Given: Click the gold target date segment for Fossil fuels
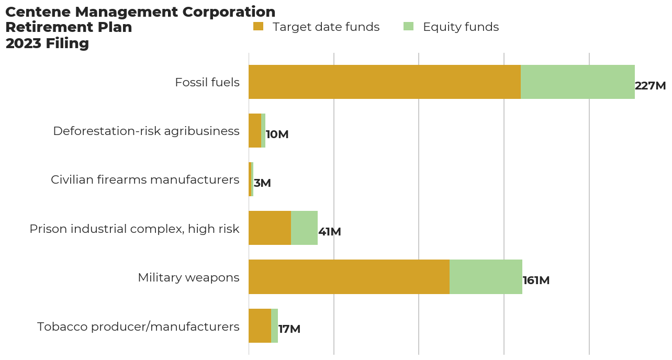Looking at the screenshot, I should (x=385, y=82).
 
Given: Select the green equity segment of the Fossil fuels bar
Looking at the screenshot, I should (x=578, y=82).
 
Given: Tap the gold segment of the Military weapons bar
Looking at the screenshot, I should (x=349, y=277).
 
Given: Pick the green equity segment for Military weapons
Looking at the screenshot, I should (x=486, y=277).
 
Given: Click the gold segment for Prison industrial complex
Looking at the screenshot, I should (x=270, y=228).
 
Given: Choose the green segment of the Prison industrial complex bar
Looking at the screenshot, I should (x=304, y=228).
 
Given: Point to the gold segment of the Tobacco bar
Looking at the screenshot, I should (x=260, y=325).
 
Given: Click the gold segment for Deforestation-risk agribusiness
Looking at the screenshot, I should (x=255, y=131).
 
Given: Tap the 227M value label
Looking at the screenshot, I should (x=650, y=86).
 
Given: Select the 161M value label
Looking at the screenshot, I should (x=536, y=280).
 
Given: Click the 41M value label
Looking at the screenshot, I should (x=330, y=232).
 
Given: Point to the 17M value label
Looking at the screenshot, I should (x=289, y=329).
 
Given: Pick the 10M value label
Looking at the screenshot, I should (x=277, y=134).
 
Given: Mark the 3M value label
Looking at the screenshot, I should (x=262, y=183).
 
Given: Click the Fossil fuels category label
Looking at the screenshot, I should (x=207, y=82).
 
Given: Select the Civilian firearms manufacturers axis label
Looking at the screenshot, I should (x=145, y=179).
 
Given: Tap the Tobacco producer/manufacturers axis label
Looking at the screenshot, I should (x=138, y=327).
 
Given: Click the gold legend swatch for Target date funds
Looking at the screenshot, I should (x=259, y=26).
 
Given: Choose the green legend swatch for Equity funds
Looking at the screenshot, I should (x=409, y=26).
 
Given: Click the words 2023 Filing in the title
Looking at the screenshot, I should (x=47, y=43).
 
